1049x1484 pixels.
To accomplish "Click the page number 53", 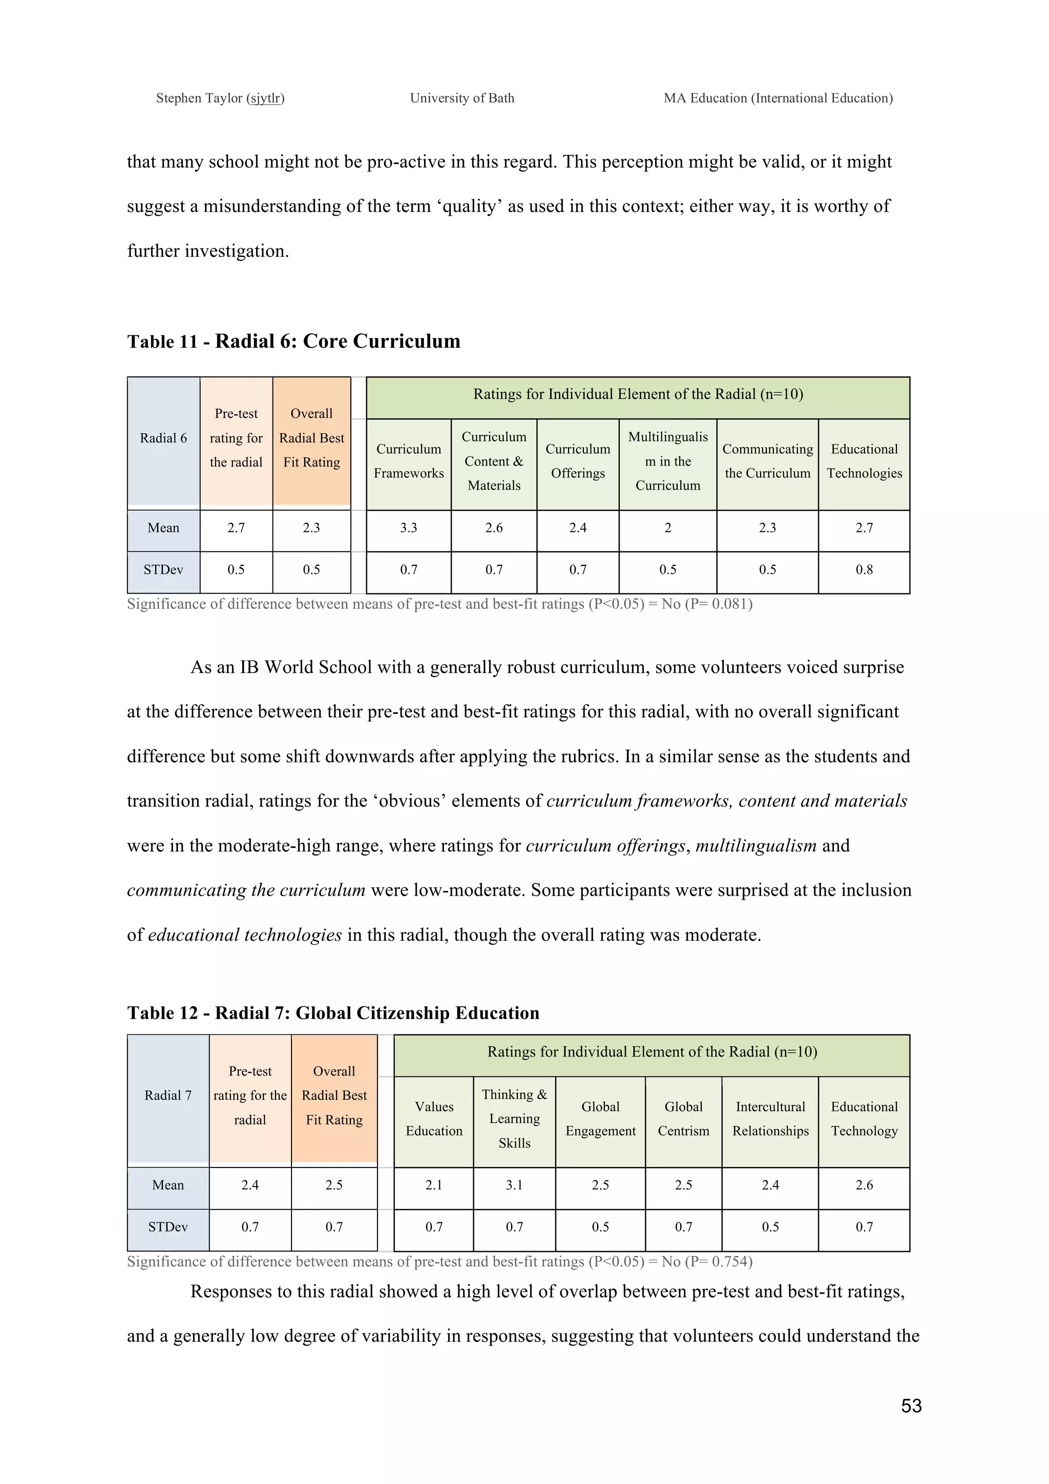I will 911,1406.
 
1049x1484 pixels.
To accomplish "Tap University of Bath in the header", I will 462,98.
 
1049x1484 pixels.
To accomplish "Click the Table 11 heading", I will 293,341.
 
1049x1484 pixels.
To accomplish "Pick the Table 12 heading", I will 333,1013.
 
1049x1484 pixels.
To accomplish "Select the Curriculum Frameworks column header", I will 408,461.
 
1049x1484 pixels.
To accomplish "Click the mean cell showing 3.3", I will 408,528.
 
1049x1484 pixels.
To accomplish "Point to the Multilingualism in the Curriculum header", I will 668,461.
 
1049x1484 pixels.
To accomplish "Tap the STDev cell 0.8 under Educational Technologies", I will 864,569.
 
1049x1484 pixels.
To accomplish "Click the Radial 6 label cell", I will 163,438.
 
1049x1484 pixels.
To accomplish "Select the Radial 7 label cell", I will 168,1095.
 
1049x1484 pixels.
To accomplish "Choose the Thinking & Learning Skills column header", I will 514,1119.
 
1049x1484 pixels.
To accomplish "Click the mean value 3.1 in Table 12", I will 514,1185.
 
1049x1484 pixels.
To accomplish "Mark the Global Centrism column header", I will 683,1119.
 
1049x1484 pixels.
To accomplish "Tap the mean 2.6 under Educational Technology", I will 864,1185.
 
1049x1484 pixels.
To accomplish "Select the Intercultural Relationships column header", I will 770,1119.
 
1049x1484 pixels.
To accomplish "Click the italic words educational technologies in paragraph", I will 244,935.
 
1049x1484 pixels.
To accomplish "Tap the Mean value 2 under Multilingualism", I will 668,528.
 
